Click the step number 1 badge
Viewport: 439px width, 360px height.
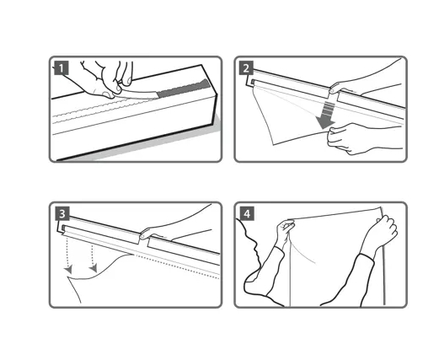tap(62, 67)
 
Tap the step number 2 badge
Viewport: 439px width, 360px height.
tap(246, 67)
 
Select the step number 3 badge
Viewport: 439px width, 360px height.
tap(62, 214)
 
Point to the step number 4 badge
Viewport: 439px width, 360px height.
tap(247, 214)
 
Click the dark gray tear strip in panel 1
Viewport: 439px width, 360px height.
tap(184, 89)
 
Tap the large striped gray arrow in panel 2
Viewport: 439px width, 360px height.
tap(326, 116)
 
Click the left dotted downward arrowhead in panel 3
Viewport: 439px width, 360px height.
tap(68, 269)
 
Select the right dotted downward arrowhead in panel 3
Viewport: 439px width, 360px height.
tap(94, 268)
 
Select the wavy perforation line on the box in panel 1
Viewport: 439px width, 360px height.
tap(104, 108)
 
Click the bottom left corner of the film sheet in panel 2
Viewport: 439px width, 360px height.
tap(273, 145)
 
